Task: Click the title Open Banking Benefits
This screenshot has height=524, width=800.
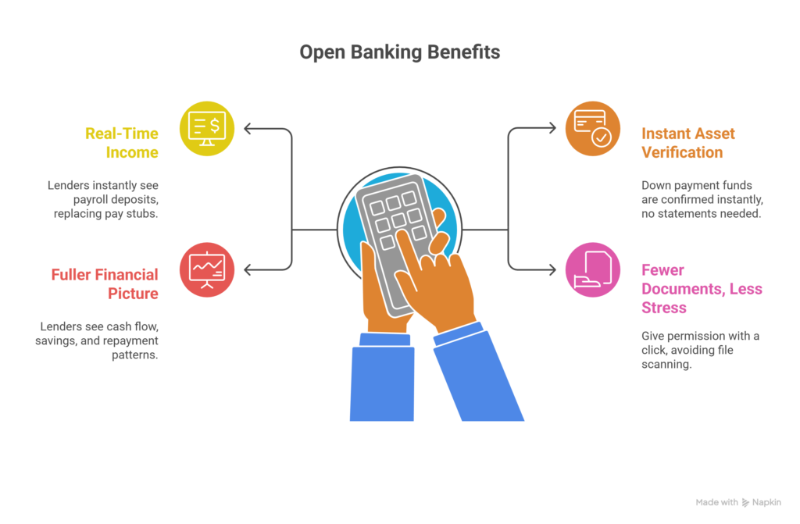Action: point(399,53)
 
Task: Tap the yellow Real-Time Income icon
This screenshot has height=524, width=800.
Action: point(207,128)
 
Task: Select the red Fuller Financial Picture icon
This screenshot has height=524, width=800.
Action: point(207,270)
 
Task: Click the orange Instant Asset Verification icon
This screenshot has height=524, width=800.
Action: point(592,128)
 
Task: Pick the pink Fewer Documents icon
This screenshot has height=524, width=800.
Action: point(592,270)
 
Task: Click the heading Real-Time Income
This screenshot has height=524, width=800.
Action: point(122,142)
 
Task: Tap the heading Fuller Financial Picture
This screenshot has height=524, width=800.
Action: point(105,284)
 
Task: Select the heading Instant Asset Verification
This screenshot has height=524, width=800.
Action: point(688,142)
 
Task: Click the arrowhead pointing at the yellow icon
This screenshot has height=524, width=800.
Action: point(247,128)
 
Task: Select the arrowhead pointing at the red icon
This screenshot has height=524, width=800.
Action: point(247,270)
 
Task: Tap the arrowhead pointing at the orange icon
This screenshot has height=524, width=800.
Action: point(552,128)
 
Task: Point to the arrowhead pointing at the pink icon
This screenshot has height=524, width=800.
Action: point(552,270)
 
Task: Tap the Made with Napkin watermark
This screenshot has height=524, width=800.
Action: point(737,502)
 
